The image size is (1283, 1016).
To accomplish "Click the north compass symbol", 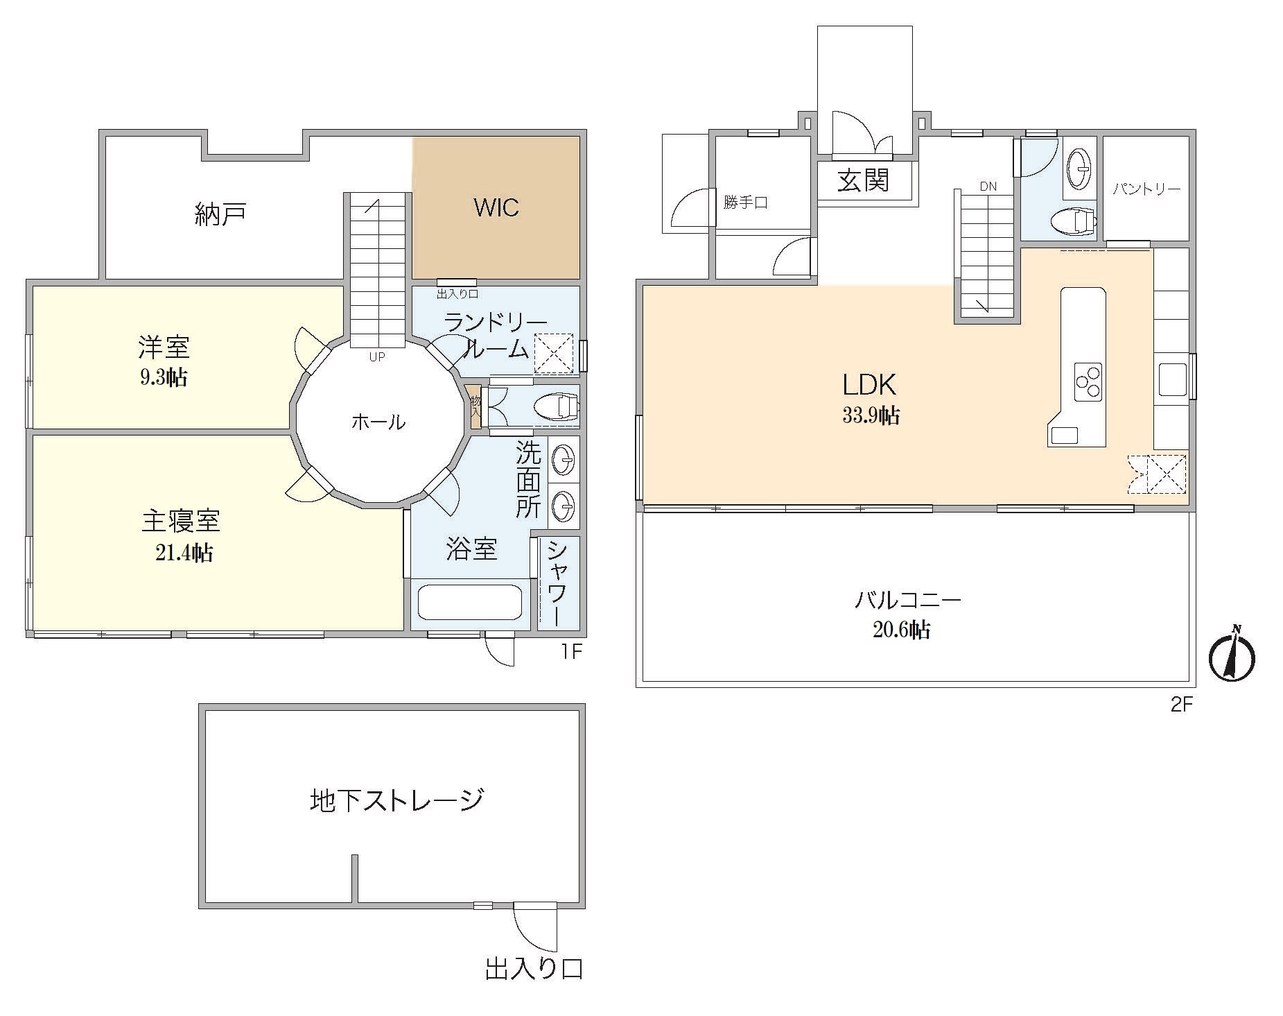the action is tap(1232, 655).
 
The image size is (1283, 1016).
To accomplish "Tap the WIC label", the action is tap(496, 207).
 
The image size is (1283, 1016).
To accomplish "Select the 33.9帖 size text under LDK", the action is tap(871, 415).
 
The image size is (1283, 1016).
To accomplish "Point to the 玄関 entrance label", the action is tap(863, 181).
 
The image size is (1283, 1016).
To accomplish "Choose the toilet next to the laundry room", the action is tap(556, 407).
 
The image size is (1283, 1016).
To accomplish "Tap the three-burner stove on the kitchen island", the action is tap(1088, 381).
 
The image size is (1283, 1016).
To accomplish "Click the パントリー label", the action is tap(1146, 189).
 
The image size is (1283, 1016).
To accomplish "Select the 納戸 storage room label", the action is tap(220, 215).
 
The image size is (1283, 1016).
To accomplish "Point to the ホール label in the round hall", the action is tap(378, 421).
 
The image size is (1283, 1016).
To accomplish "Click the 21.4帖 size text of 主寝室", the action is tap(184, 553).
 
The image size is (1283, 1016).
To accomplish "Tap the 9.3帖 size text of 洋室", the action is tap(164, 377).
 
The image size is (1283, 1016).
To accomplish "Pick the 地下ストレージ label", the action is tap(396, 800).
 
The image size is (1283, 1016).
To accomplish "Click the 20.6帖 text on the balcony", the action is tap(902, 629).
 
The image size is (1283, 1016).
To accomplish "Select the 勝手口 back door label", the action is tap(746, 203).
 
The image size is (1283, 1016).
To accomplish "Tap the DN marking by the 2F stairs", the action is tap(988, 186).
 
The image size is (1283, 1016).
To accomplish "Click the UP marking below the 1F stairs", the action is tap(377, 357).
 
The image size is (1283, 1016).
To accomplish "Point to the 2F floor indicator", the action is tap(1182, 705).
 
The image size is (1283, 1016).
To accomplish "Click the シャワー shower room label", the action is tap(559, 584).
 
